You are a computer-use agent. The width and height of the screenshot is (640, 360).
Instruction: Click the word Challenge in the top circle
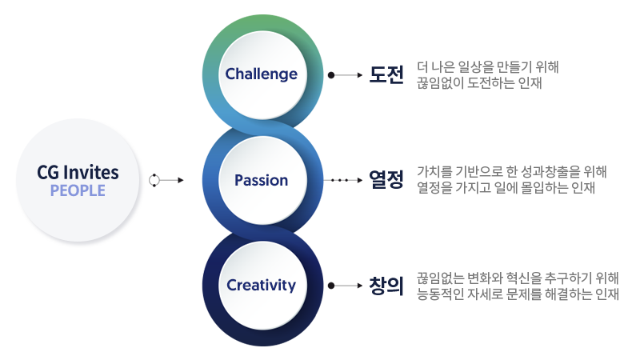[x=261, y=74]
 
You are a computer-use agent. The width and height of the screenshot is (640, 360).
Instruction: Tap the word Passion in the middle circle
[x=261, y=180]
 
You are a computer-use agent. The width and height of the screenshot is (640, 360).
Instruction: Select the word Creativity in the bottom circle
[x=261, y=285]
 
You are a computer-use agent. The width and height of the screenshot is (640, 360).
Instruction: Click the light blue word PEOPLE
[x=78, y=190]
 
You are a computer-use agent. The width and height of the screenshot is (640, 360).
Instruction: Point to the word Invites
[x=93, y=172]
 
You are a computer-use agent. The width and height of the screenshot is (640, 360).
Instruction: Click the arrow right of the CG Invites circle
[x=167, y=180]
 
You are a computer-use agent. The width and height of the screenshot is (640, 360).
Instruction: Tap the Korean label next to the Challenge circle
[x=386, y=74]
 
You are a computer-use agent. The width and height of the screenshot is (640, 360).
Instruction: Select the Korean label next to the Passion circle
[x=386, y=180]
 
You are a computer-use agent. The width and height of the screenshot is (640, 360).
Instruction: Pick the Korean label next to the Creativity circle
[x=386, y=285]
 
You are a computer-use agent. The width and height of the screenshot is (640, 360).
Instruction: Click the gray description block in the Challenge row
[x=484, y=74]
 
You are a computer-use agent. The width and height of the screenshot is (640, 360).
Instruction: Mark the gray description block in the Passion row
[x=508, y=180]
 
